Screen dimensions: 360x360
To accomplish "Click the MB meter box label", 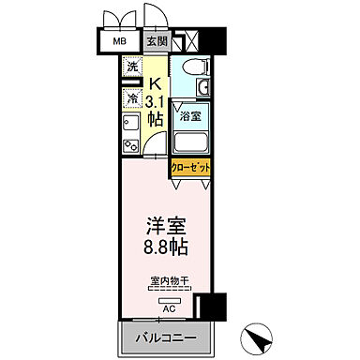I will coord(121,42).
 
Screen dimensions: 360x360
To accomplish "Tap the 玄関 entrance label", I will coord(157,42).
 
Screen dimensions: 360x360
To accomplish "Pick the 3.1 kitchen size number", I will coord(156,101).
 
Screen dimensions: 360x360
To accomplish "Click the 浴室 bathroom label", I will coord(191,117).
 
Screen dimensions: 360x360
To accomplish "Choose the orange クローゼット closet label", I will coord(191,168).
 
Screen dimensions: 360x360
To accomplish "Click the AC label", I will coord(169,305).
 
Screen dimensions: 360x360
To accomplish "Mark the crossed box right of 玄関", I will coord(187,42).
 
